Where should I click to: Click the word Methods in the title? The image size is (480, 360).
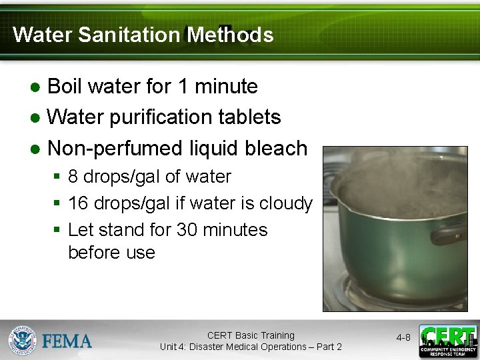(230, 35)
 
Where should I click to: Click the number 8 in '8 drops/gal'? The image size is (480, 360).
(73, 177)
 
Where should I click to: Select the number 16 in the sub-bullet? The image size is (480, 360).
(77, 203)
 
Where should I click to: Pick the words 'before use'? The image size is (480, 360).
(111, 253)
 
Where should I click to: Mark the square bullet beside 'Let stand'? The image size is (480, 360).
(57, 230)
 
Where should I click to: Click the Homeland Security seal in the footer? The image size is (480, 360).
(22, 341)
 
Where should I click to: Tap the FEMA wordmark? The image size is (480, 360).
(67, 341)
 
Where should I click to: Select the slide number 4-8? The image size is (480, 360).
(403, 338)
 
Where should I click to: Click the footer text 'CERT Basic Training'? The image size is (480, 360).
(251, 335)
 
